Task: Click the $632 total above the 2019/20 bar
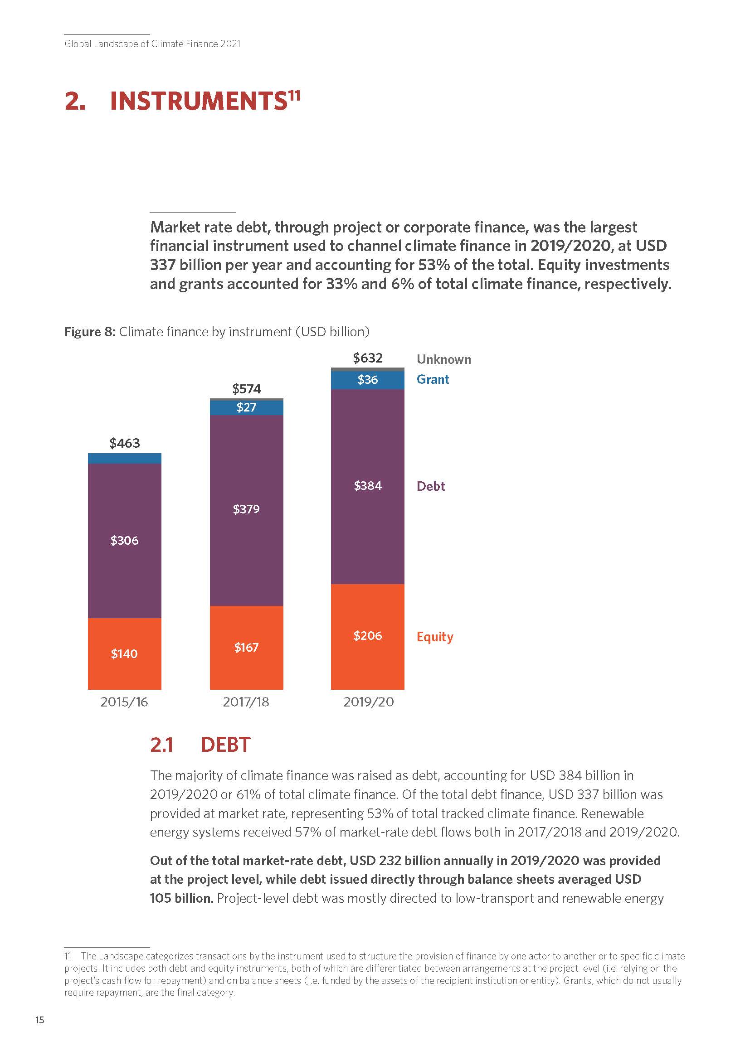[x=368, y=358]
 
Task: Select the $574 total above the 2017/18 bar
[x=247, y=389]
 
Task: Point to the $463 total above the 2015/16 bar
[x=125, y=443]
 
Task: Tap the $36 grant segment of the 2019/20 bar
[x=368, y=379]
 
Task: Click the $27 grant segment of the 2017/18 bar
[x=246, y=407]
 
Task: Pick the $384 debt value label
[x=368, y=486]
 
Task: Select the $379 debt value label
[x=246, y=509]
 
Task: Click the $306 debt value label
[x=124, y=540]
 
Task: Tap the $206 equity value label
[x=368, y=636]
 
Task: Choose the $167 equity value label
[x=246, y=647]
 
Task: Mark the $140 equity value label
[x=124, y=654]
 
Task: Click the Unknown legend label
[x=444, y=360]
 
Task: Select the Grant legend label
[x=433, y=379]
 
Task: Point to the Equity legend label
[x=435, y=637]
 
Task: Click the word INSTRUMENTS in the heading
[x=199, y=101]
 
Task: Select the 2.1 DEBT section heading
[x=200, y=745]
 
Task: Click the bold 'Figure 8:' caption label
[x=90, y=332]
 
